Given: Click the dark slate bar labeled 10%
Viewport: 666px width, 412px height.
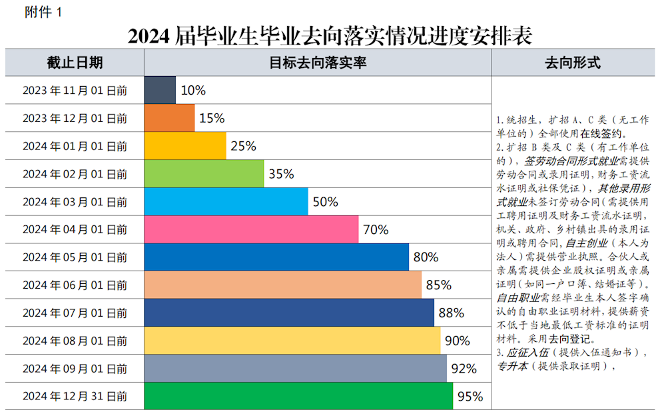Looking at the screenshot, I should tap(160, 90).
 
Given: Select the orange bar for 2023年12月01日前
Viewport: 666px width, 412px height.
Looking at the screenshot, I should tap(169, 118).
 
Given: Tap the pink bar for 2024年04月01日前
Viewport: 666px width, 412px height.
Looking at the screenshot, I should tap(251, 229).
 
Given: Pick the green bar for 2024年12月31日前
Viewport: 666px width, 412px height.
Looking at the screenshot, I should tap(298, 396).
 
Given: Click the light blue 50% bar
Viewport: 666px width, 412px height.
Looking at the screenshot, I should tap(226, 201).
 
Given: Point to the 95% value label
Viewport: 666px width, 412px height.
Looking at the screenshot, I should tap(470, 397).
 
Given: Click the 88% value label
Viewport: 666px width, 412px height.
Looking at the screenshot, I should tap(451, 313).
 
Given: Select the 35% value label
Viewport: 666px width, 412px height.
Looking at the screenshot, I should tap(281, 174).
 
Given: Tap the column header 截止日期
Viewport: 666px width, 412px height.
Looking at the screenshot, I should tap(75, 63).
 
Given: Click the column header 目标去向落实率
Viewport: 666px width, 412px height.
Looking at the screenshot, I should tap(318, 63).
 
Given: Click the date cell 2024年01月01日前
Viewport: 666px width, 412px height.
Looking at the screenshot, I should tap(75, 146).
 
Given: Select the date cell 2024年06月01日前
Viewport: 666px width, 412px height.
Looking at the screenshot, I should tap(75, 285).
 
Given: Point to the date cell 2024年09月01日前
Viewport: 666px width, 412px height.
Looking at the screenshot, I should tap(75, 368).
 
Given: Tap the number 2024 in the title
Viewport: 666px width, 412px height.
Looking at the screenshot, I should tap(150, 35).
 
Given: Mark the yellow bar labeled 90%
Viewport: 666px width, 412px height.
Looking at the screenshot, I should tap(292, 341).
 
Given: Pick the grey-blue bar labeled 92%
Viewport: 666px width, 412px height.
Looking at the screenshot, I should tap(295, 368).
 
